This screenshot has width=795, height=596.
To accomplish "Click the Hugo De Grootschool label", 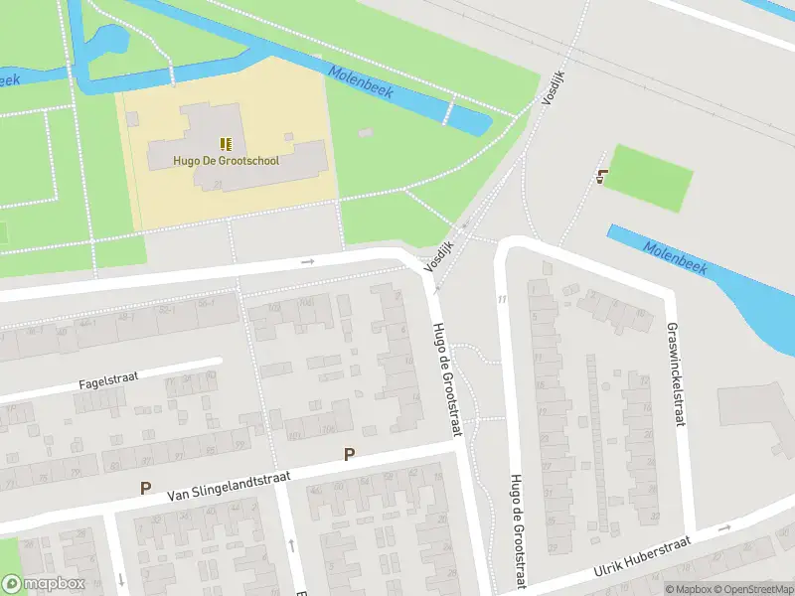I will pos(226,160).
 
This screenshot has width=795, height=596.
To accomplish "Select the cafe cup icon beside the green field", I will pos(601,177).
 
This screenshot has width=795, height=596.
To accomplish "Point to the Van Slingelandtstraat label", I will pos(229,484).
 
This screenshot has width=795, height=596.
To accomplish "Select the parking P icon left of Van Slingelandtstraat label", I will pos(146,489).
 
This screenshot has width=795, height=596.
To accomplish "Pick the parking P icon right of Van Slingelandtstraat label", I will pos(349,455).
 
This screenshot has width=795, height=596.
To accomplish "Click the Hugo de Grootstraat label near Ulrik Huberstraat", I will pos(516,526).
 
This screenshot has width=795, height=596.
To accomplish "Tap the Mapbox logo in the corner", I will pos(43,583).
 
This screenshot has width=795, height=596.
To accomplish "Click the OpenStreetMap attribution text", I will pos(750,589).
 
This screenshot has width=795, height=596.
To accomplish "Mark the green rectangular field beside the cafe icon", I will pos(649,178).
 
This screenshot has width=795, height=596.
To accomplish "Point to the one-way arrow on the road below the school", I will pos(307,262).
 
